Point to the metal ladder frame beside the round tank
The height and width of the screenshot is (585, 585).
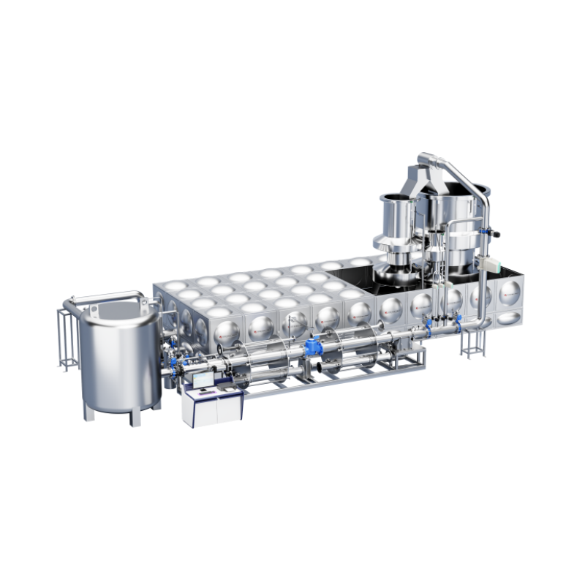pyautogui.click(x=68, y=336)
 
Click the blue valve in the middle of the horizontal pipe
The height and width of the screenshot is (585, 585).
pyautogui.click(x=315, y=348)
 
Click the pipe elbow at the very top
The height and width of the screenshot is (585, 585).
pyautogui.click(x=426, y=159)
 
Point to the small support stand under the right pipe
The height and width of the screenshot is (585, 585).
pyautogui.click(x=472, y=344)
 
